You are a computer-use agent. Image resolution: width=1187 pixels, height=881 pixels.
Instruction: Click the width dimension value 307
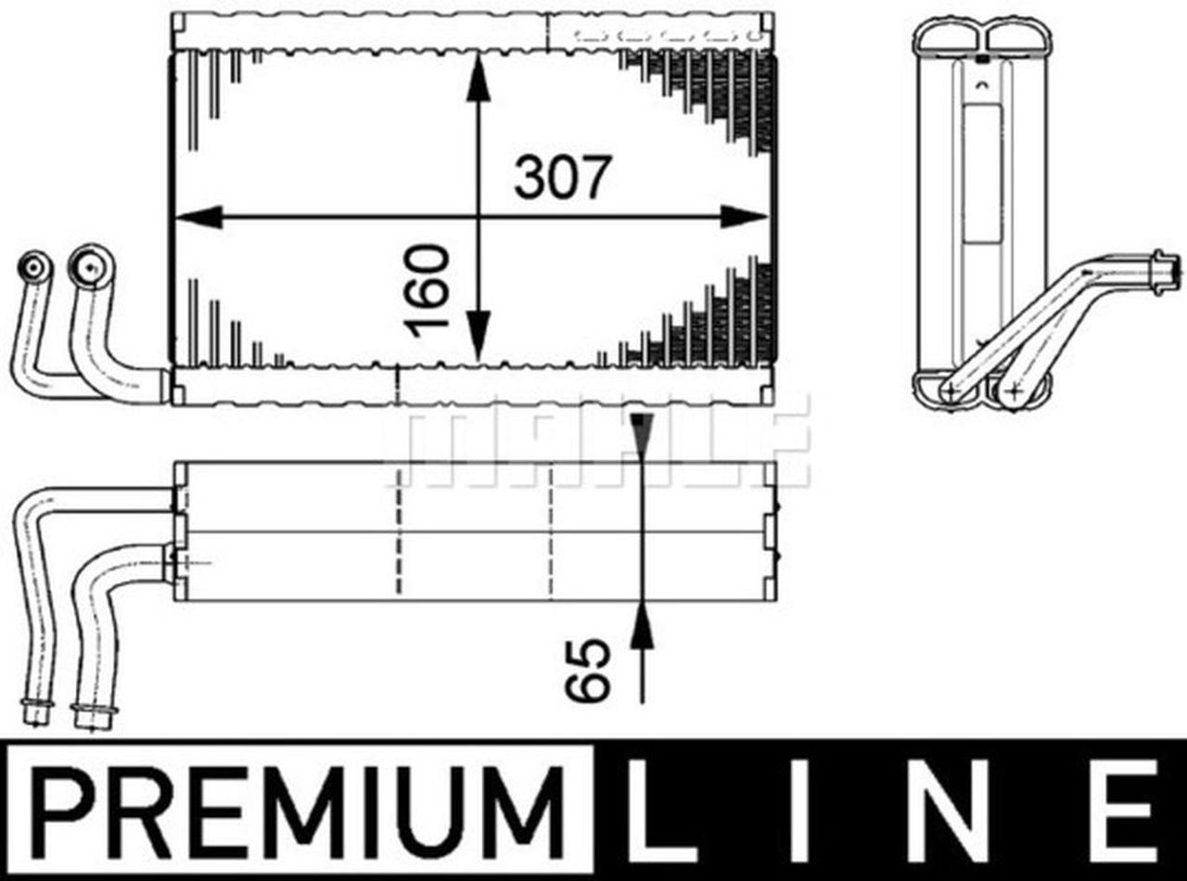pyautogui.click(x=563, y=177)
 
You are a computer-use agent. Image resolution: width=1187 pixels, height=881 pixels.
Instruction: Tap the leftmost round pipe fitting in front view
pyautogui.click(x=35, y=270)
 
